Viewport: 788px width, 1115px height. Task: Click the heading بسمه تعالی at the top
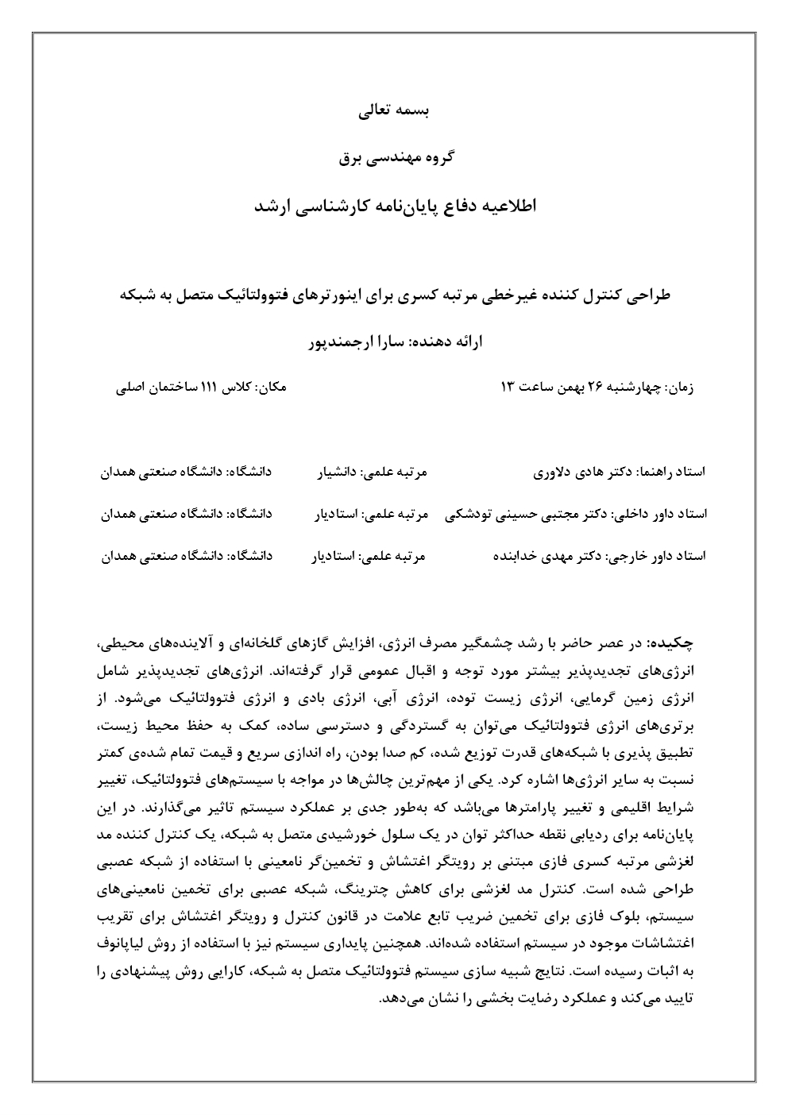[395, 111]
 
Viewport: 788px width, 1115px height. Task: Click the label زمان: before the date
[678, 388]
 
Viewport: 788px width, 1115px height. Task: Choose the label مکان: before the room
[272, 388]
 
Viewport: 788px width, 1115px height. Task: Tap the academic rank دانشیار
[334, 473]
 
